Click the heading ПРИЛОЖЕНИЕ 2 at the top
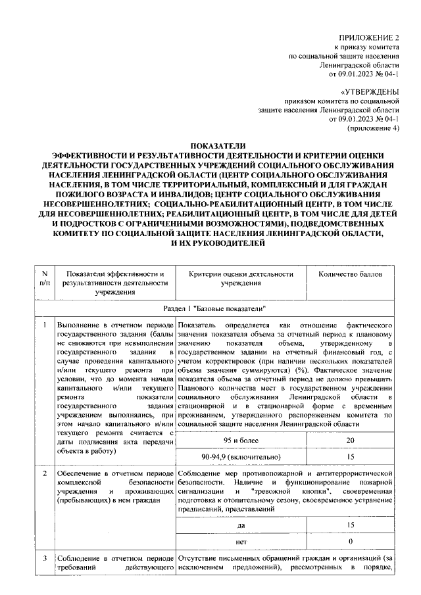[369, 37]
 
